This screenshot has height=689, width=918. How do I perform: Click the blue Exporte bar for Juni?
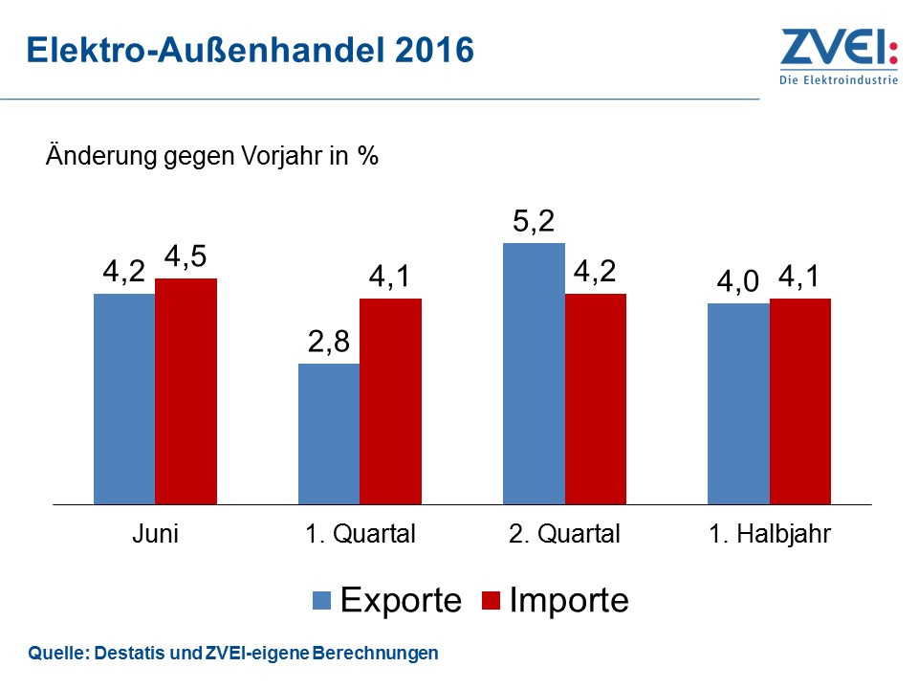point(124,398)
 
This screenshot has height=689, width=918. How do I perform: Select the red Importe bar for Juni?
point(186,390)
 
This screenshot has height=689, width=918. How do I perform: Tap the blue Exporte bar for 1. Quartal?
point(329,433)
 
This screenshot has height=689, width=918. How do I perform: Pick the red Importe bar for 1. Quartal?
point(390,401)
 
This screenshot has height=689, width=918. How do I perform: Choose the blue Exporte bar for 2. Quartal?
point(534,373)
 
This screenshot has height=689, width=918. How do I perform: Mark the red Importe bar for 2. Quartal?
point(596,398)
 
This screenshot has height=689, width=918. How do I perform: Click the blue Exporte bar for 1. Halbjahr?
point(738,403)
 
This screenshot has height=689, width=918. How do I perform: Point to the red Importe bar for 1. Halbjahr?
point(800,401)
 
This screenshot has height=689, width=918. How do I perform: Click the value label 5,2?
point(534,223)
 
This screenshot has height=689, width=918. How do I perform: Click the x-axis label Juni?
point(155,534)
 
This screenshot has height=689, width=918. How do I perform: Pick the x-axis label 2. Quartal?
point(564,534)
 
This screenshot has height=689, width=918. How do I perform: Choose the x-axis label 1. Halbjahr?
point(770,534)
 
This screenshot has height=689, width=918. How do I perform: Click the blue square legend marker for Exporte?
point(322,601)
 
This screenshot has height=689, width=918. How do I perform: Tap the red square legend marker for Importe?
point(491,601)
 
